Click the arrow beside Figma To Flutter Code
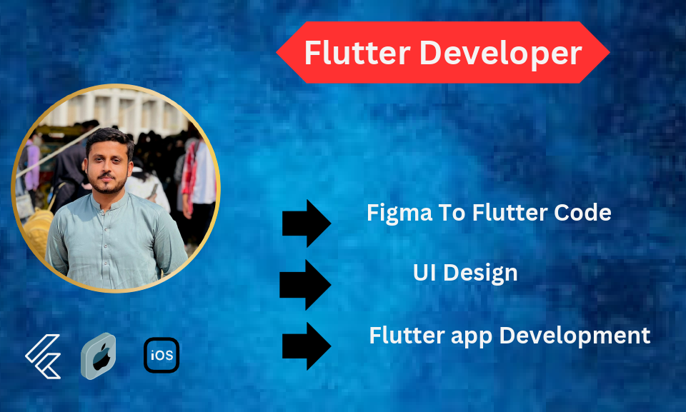pyautogui.click(x=307, y=223)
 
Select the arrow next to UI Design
pyautogui.click(x=305, y=284)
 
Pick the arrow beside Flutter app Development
pyautogui.click(x=307, y=346)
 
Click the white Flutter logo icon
pyautogui.click(x=44, y=356)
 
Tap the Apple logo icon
pyautogui.click(x=99, y=356)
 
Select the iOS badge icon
pyautogui.click(x=161, y=356)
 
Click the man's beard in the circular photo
pyautogui.click(x=109, y=184)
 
